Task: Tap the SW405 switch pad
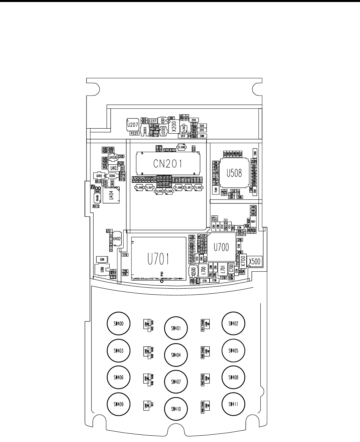pos(233,350)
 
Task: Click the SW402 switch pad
pos(233,323)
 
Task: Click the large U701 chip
pos(159,258)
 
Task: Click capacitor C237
pos(153,121)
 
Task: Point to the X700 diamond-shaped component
pos(243,261)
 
